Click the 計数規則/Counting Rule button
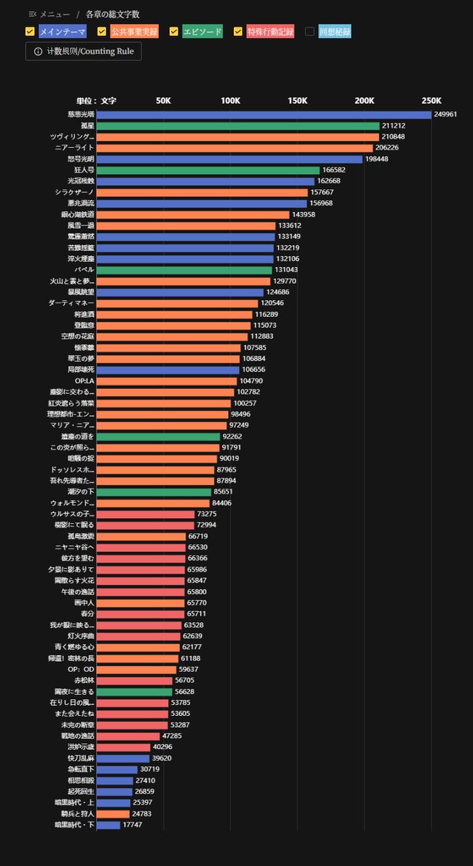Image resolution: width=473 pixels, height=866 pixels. [x=83, y=51]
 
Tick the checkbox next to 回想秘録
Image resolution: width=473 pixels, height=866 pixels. [x=310, y=32]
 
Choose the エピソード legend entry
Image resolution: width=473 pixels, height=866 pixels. [x=202, y=32]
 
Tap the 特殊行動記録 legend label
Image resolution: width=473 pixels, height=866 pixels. [x=270, y=32]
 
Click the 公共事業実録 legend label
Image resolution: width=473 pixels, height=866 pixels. [x=134, y=32]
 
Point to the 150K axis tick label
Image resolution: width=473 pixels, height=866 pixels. [x=298, y=101]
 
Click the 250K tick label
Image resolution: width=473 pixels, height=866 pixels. [x=431, y=101]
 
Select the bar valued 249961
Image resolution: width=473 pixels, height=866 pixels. [x=264, y=115]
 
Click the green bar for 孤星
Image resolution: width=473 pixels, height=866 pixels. [x=238, y=126]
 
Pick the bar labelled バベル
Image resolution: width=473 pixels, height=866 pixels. [x=184, y=270]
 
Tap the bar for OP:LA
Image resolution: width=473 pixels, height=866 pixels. [x=167, y=381]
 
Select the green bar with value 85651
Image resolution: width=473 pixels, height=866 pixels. [x=154, y=492]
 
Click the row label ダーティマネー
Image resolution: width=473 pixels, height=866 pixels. [x=71, y=303]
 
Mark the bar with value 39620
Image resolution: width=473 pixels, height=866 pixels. [x=123, y=758]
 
